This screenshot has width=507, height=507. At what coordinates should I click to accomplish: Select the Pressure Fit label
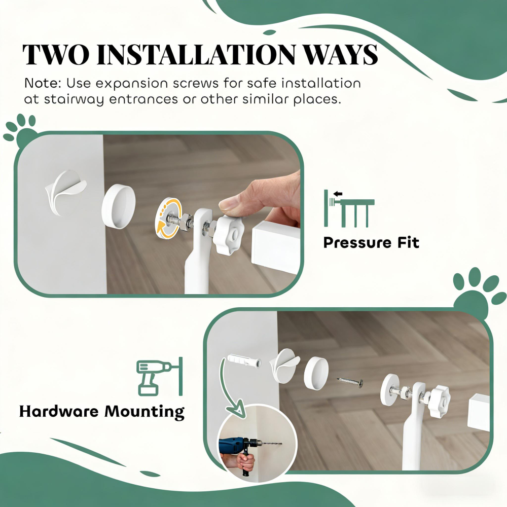pyautogui.click(x=371, y=242)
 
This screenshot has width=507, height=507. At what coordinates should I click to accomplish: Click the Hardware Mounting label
pyautogui.click(x=101, y=411)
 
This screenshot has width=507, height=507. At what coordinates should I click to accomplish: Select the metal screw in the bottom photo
pyautogui.click(x=350, y=381)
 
